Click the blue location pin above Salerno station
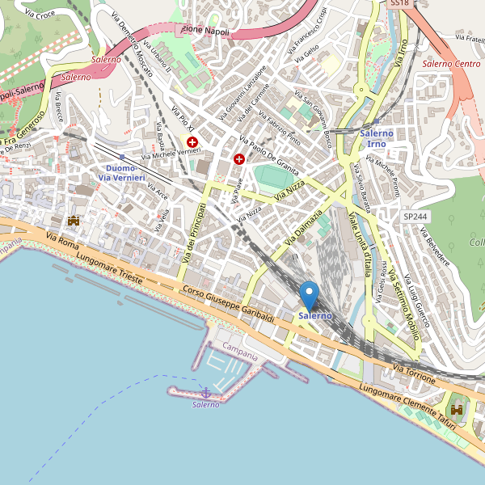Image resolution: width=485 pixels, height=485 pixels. pos(309,294)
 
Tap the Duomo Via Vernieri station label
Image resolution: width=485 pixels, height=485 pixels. pos(122,173)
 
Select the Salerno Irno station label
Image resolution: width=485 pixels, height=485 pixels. pos(377,137)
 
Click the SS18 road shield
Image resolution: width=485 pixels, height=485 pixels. pos(399,4)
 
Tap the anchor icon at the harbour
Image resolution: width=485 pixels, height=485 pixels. pos(205,392)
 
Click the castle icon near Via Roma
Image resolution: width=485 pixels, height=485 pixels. pos(74,219)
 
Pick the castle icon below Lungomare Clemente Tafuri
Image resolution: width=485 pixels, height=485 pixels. pos(457,410)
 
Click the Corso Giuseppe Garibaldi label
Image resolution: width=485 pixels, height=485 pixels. pos(229,306)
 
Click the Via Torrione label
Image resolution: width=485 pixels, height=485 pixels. pos(415,373)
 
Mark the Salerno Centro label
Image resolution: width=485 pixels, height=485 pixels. pos(451,63)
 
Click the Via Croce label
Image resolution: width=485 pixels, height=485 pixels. pos(40,15)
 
